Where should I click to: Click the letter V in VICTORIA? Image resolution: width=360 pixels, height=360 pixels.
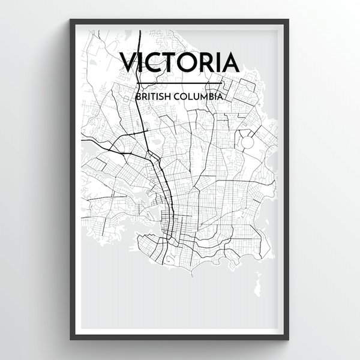[x=130, y=62]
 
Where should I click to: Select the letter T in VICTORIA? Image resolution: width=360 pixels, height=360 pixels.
[x=174, y=62]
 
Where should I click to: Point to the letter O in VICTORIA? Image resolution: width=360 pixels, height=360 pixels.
[x=193, y=62]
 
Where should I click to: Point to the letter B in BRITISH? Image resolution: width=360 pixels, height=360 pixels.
[x=139, y=95]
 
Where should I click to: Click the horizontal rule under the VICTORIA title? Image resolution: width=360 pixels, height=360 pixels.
[x=180, y=83]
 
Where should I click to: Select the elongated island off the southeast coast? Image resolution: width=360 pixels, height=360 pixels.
[x=258, y=280]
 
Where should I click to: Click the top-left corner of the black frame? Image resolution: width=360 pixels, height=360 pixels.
[x=71, y=20]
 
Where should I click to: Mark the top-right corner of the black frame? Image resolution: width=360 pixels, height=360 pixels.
[x=290, y=20]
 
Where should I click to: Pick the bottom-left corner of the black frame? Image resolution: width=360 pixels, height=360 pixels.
[x=71, y=340]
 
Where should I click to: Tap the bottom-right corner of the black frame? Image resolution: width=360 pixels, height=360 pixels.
[x=290, y=340]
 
